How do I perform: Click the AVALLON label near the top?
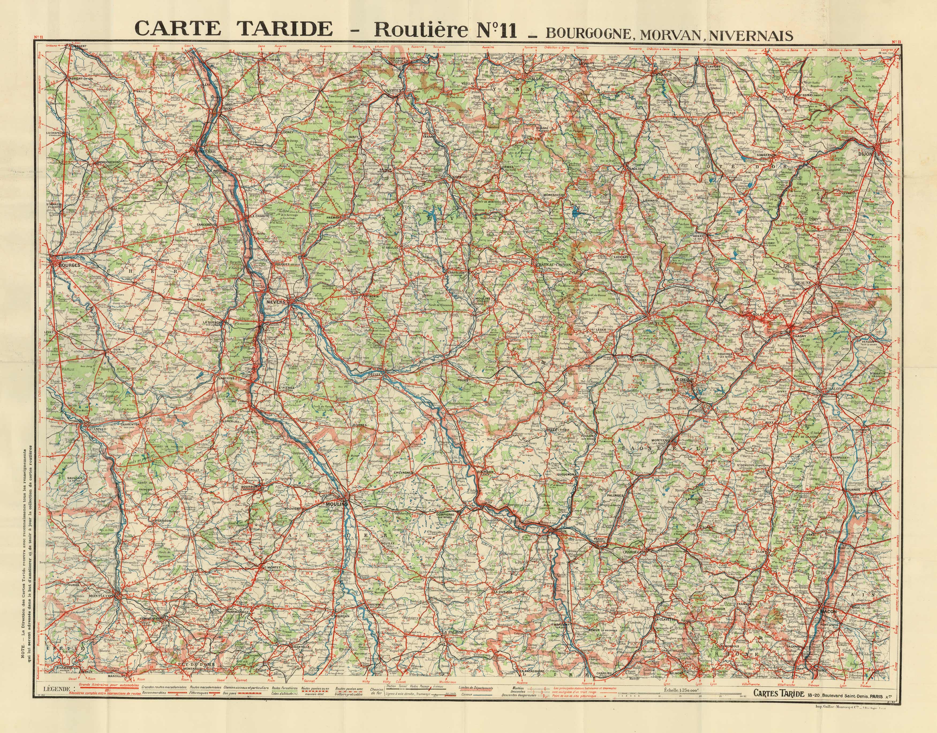point(534,79)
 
